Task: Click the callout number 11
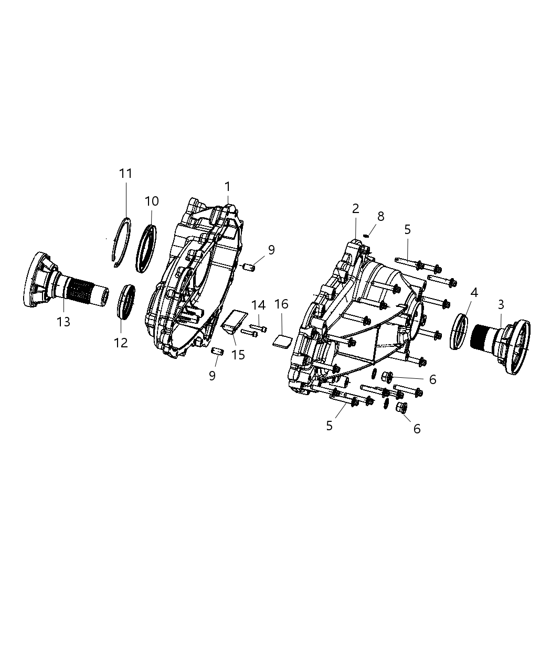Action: point(125,173)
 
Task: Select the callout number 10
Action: point(152,201)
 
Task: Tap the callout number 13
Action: point(63,321)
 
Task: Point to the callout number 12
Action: point(121,343)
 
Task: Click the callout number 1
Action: point(227,186)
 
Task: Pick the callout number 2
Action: point(355,208)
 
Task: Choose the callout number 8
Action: point(380,216)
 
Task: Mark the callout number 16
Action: point(281,304)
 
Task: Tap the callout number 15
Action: point(238,355)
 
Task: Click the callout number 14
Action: point(258,305)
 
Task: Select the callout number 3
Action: point(501,304)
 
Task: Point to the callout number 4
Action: point(474,293)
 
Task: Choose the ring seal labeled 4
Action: point(460,332)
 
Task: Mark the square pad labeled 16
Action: point(282,341)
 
